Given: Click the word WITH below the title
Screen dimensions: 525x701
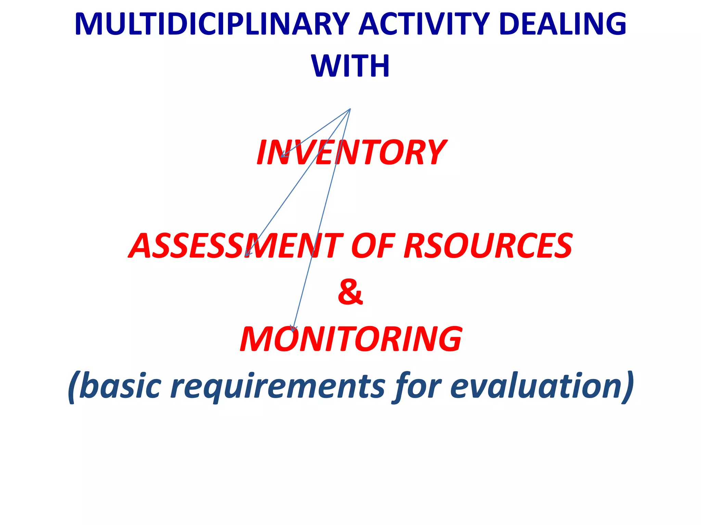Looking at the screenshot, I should click(350, 66).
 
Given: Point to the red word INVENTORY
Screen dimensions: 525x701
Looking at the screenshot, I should click(351, 153).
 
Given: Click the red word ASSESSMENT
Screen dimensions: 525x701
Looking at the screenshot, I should click(236, 246).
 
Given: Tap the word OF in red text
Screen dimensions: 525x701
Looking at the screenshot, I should click(372, 246).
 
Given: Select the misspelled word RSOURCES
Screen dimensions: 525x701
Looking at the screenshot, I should click(488, 246).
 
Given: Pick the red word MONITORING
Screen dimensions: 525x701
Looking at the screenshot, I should click(351, 339).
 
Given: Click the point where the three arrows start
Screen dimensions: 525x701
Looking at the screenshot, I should click(350, 109).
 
